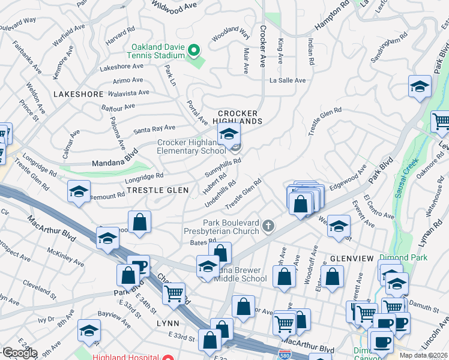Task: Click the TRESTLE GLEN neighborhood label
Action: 158,190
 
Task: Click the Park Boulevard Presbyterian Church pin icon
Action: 268,226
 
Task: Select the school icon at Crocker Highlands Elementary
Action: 229,136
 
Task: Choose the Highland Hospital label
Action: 125,356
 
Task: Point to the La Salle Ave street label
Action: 288,80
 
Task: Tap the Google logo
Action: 19,353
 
